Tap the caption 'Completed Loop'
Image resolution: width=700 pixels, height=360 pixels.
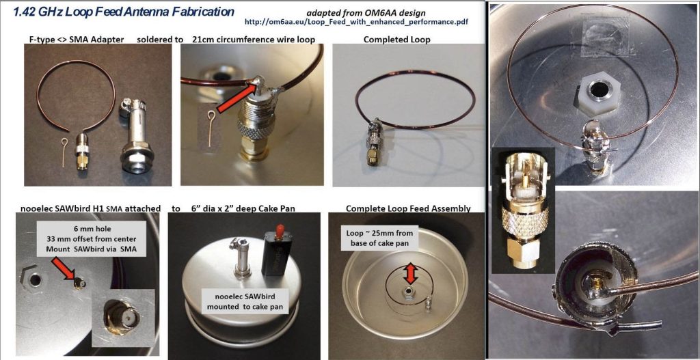click(397, 39)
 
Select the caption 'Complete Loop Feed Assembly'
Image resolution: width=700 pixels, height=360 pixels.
click(408, 208)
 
